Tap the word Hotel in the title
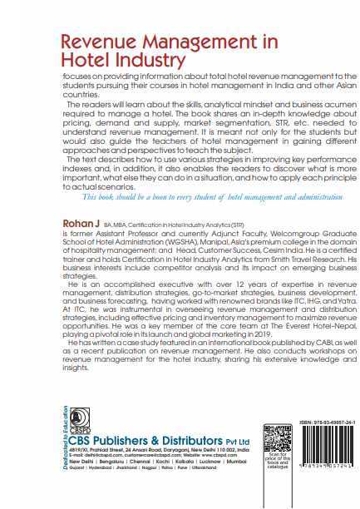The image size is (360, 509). pos(85,60)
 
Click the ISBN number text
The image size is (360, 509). pos(330,423)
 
